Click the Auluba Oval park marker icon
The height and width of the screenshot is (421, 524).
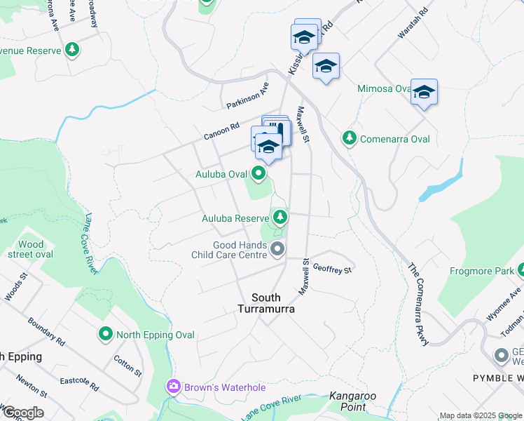pos(259,173)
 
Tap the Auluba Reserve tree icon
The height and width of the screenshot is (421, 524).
pos(280,218)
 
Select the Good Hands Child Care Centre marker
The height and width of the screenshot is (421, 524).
pos(278,249)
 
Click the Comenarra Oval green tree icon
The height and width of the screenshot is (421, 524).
pos(349,138)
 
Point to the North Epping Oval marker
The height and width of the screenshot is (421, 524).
pos(106,334)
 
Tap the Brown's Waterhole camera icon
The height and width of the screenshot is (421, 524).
pos(173,386)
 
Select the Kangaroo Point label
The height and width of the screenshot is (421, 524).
pos(353,401)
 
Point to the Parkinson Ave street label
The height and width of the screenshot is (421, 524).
pos(248,96)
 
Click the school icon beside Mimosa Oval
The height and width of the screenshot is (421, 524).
pos(424,92)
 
